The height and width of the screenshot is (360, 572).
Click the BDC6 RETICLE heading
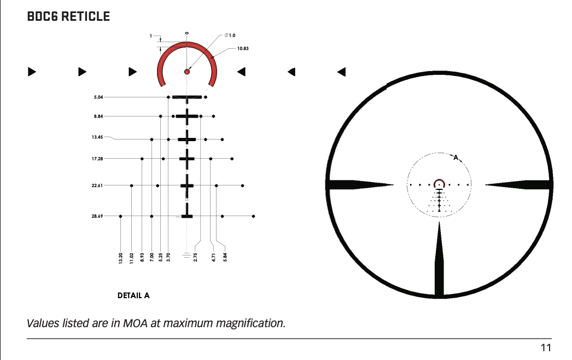[68, 16]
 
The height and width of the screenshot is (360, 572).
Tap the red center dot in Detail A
[187, 72]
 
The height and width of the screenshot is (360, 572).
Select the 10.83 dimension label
[243, 49]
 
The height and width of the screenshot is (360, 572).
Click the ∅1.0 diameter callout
[230, 36]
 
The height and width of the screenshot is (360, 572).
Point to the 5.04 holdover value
[98, 97]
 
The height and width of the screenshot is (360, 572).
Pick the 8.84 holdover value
[98, 116]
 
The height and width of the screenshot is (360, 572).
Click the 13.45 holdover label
[97, 137]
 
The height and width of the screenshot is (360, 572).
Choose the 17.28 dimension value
[97, 159]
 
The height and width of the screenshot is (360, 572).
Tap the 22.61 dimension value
[97, 185]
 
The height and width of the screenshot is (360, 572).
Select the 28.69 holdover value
[97, 216]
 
